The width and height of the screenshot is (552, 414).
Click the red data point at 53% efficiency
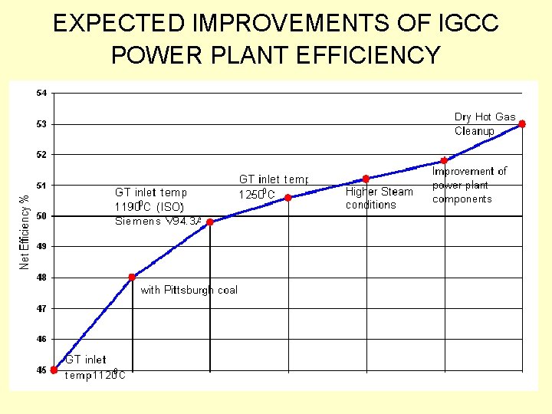(x=521, y=123)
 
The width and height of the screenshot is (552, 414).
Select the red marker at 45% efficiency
(x=54, y=370)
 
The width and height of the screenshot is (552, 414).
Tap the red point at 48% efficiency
(x=132, y=277)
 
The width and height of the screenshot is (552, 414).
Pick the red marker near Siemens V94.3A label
(x=210, y=222)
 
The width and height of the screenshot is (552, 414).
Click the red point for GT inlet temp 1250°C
(x=288, y=198)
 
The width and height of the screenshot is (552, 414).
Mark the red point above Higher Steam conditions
(x=366, y=179)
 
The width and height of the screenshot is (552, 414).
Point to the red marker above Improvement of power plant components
(x=444, y=160)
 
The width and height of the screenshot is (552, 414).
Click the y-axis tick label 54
(x=41, y=93)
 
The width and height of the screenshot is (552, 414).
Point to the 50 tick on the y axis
(x=41, y=215)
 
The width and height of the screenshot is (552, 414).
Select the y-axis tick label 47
(x=41, y=308)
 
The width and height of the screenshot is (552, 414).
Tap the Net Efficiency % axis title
(x=25, y=229)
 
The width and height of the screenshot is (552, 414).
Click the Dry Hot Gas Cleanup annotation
(x=485, y=123)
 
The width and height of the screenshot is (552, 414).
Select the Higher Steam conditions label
(x=379, y=198)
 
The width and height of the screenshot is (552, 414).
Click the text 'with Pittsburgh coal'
(x=189, y=290)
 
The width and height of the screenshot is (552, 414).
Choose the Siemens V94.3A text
(x=159, y=222)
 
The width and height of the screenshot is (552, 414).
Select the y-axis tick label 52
(x=41, y=154)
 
